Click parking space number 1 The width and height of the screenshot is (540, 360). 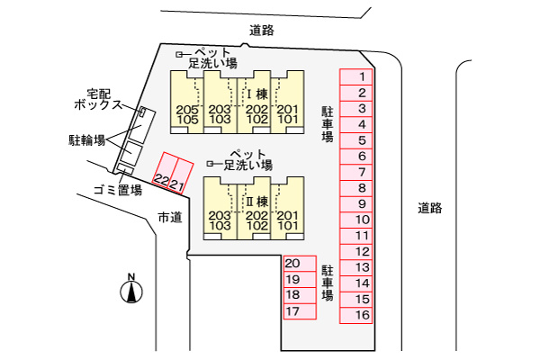click(x=361, y=77)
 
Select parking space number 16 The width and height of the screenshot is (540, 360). click(x=361, y=315)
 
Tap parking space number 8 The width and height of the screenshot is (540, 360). click(x=361, y=188)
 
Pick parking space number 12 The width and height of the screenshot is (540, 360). click(x=361, y=251)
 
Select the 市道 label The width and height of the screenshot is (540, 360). click(x=169, y=216)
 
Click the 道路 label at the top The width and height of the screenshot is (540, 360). click(x=262, y=31)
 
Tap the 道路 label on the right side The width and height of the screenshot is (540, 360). click(x=430, y=208)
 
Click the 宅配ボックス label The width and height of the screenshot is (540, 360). click(x=98, y=99)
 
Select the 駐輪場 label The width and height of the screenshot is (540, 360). click(x=87, y=140)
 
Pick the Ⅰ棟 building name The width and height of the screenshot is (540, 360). click(x=256, y=94)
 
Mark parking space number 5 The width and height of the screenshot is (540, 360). click(x=361, y=140)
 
